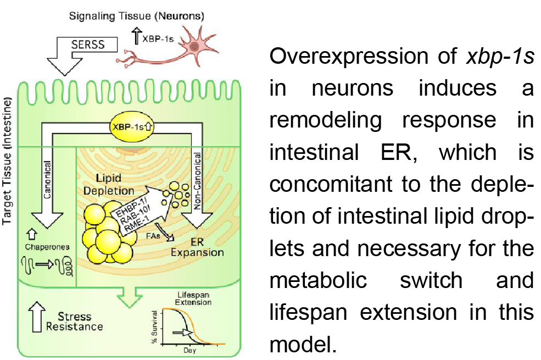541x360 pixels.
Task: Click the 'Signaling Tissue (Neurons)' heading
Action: pos(136,16)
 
